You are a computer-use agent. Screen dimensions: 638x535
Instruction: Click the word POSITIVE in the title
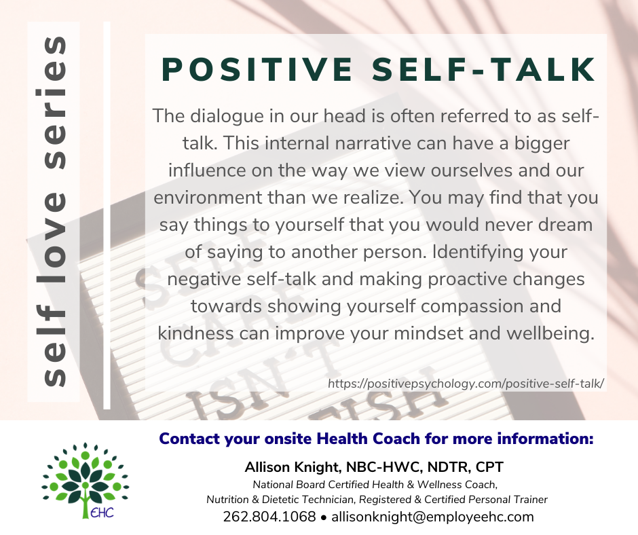pos(257,70)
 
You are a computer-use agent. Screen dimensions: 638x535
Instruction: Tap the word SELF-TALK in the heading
pos(484,70)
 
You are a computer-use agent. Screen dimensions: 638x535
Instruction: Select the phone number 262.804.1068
pos(269,517)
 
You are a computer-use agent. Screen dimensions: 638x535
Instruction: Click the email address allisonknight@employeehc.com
pos(432,517)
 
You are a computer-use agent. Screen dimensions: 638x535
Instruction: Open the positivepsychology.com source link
pos(466,384)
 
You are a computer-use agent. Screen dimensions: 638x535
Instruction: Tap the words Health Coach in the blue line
pos(369,439)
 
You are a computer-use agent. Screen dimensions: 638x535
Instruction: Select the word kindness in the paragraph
pos(195,333)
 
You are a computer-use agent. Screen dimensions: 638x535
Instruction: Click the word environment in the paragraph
pos(208,198)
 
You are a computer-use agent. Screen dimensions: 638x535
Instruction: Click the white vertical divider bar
pos(107,215)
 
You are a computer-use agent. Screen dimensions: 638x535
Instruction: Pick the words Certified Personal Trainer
pos(486,500)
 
